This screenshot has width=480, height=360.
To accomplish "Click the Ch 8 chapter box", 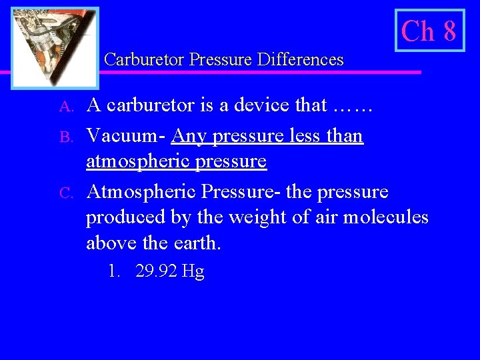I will pos(429,31).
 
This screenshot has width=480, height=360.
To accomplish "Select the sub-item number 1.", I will pos(114,272).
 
